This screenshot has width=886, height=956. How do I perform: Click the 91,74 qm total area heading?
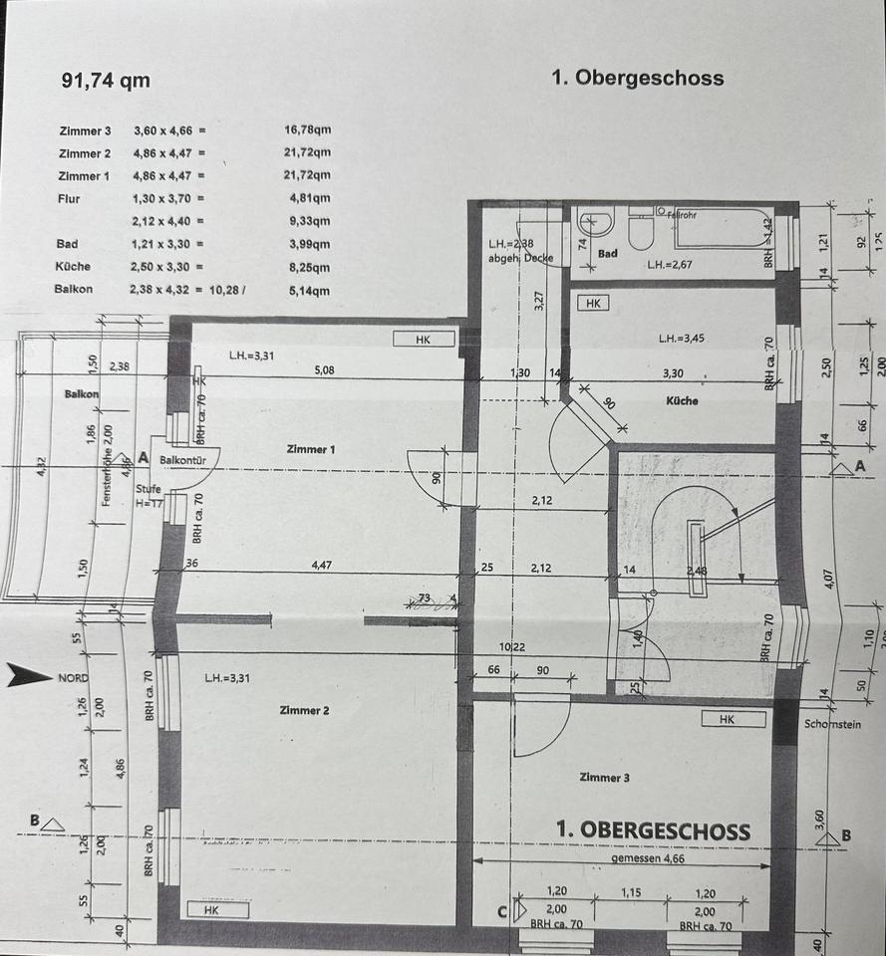[x=106, y=82]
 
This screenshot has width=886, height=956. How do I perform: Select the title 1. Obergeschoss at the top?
[x=638, y=79]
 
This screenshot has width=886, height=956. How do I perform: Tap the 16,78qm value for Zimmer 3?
[x=307, y=130]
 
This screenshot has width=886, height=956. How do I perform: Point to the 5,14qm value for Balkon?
[x=307, y=290]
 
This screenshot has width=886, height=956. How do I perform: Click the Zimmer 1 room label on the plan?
[x=310, y=449]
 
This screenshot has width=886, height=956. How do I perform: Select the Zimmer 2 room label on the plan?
[x=304, y=710]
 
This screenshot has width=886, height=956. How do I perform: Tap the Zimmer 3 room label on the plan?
[x=603, y=778]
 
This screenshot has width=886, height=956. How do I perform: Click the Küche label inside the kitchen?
[x=682, y=400]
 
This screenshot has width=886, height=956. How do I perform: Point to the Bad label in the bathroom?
[x=608, y=254]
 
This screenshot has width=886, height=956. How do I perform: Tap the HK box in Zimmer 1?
[x=423, y=340]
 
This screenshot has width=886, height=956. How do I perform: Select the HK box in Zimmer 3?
[x=726, y=718]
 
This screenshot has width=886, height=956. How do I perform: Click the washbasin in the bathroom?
[x=596, y=222]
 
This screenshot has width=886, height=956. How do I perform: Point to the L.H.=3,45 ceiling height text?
[x=682, y=339]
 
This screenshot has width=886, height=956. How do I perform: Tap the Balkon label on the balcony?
[x=82, y=393]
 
